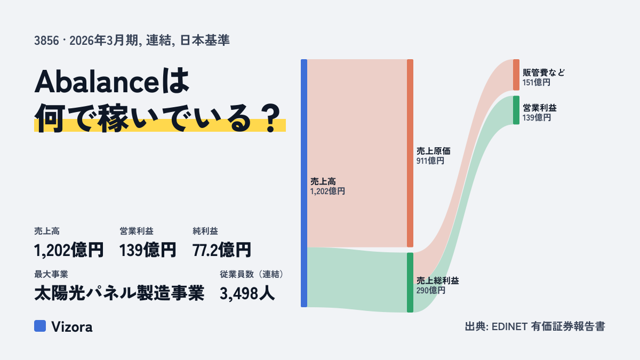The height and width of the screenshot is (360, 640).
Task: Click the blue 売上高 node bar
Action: tap(304, 183)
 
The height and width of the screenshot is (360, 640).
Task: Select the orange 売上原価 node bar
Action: tap(410, 153)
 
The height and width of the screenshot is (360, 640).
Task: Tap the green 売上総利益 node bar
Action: tap(410, 282)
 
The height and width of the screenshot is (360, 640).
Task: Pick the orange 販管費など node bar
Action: tap(516, 75)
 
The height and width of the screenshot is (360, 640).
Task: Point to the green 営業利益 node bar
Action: tap(516, 110)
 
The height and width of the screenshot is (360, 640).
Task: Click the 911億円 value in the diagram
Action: tap(430, 161)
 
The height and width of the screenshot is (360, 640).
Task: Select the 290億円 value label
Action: tap(430, 291)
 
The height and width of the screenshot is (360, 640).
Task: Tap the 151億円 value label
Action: tap(537, 83)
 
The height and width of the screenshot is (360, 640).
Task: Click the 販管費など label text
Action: tap(543, 73)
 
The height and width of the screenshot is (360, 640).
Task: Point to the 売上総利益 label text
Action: tap(437, 281)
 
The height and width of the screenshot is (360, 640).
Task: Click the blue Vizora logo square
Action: tap(40, 326)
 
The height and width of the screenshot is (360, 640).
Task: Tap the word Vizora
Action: tap(72, 327)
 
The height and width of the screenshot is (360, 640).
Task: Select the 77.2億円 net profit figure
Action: tap(222, 250)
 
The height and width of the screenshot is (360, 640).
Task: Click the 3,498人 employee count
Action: tap(247, 293)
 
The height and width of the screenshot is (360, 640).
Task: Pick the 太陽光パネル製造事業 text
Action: tap(119, 293)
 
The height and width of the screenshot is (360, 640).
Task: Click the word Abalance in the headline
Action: tap(97, 82)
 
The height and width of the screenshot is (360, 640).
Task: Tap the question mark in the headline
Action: tap(271, 118)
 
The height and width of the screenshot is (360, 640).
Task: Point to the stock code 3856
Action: tap(46, 41)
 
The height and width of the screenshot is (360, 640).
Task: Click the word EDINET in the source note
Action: tap(509, 326)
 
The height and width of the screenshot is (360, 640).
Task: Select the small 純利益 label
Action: tap(205, 231)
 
